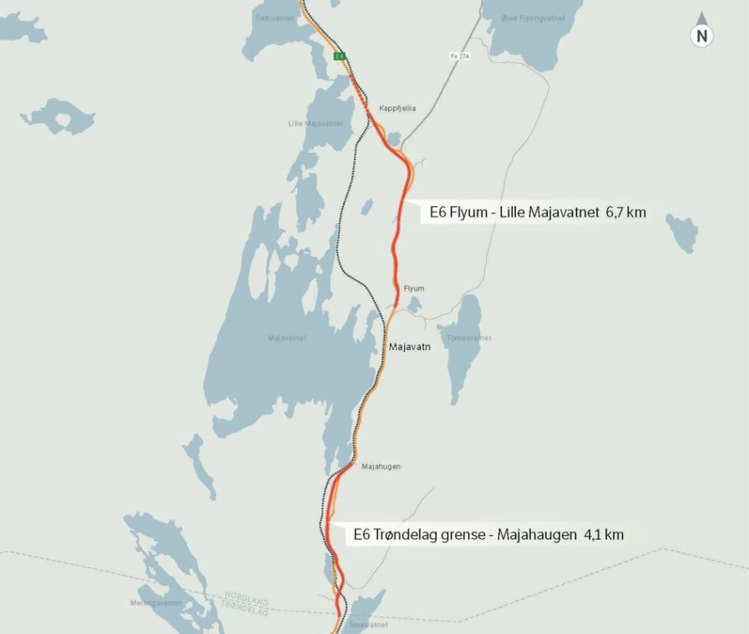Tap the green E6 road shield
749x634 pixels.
pos(340,56)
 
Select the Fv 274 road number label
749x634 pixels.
pos(459,56)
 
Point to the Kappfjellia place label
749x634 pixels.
pos(397,108)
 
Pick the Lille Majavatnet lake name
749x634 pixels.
pos(315,123)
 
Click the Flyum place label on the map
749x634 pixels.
pos(414,288)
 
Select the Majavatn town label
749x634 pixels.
pos(410,347)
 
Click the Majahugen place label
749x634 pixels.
pos(381,467)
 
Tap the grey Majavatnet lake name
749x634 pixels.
pos(287,338)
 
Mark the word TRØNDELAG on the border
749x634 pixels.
pos(246,607)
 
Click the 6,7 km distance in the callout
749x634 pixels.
pos(626,213)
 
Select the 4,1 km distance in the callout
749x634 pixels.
pos(604,534)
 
